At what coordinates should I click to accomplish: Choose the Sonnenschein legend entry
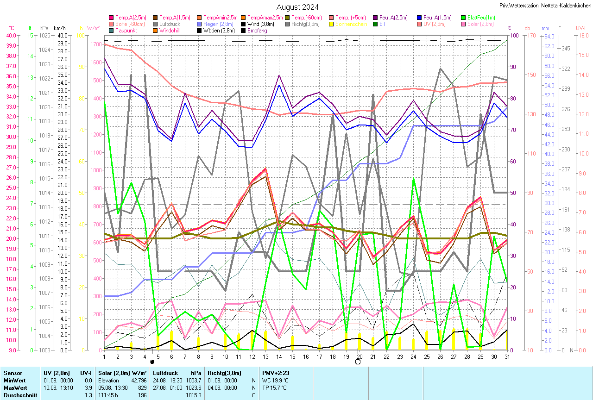pyautogui.click(x=349, y=24)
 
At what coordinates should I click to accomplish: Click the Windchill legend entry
pyautogui.click(x=169, y=31)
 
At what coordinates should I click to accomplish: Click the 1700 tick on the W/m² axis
pyautogui.click(x=96, y=44)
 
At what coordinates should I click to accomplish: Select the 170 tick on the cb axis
pyautogui.click(x=529, y=36)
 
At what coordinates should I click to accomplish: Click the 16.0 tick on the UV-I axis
pyautogui.click(x=581, y=36)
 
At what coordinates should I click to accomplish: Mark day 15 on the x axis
pyautogui.click(x=292, y=355)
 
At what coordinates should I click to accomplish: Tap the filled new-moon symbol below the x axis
pyautogui.click(x=152, y=362)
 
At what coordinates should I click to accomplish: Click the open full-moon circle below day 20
pyautogui.click(x=358, y=362)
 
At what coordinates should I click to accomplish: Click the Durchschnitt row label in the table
pyautogui.click(x=19, y=395)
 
